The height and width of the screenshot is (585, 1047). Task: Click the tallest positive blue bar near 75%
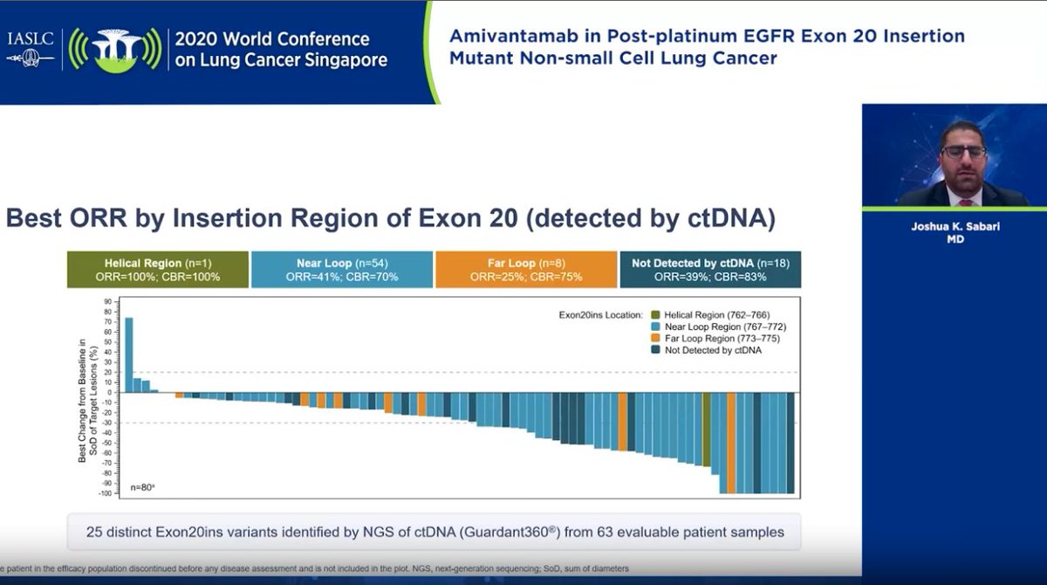[128, 354]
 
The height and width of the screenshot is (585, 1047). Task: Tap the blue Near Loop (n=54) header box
[341, 270]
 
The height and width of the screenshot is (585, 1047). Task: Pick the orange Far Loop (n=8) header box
[526, 270]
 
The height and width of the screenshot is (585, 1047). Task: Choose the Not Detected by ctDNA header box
[709, 270]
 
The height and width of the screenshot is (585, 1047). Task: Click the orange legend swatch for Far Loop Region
[655, 339]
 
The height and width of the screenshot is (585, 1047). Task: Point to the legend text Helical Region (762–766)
[716, 314]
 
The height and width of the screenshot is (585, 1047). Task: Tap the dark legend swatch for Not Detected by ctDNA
[655, 351]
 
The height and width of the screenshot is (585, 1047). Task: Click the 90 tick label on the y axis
[109, 302]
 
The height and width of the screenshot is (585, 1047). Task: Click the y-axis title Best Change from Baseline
[87, 397]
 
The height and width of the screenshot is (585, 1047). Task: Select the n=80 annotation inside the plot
[143, 487]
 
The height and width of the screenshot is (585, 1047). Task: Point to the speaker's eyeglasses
[963, 152]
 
